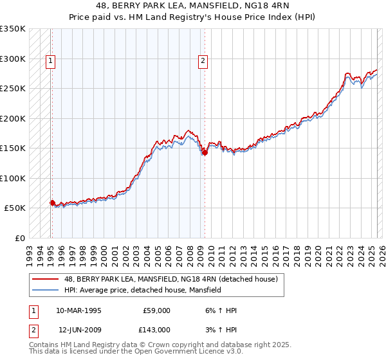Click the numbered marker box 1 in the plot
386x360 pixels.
[x=51, y=62]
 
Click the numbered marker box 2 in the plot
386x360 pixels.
[x=203, y=62]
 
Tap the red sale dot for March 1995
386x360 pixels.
[x=53, y=203]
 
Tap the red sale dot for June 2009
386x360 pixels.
[x=205, y=152]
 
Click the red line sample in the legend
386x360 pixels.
[x=45, y=279]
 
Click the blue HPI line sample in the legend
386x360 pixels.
[x=45, y=290]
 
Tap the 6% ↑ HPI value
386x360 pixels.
[x=219, y=310]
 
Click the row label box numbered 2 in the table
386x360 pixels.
[x=33, y=329]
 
